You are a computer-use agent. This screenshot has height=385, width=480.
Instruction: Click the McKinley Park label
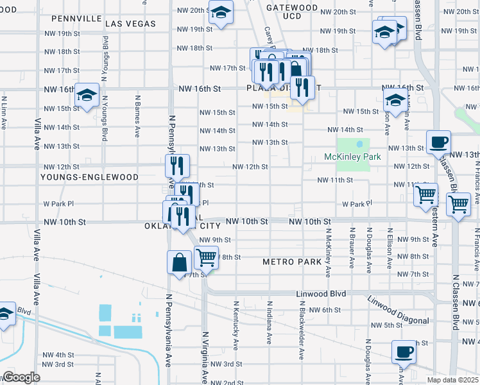[x=352, y=157]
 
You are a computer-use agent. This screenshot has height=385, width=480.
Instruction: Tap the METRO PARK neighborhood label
[x=291, y=262]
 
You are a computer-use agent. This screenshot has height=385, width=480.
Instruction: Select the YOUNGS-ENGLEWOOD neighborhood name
[x=89, y=177]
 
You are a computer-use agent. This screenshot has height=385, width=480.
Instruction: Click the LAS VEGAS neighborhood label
[x=130, y=24]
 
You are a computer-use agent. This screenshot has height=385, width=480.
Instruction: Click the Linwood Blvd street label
[x=321, y=294]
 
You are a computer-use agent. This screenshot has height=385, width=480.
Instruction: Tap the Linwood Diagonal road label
[x=398, y=311]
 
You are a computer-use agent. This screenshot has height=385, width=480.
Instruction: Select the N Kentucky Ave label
[x=236, y=325]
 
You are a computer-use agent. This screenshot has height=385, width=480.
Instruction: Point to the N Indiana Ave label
[x=269, y=325]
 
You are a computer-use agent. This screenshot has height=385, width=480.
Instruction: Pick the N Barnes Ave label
[x=137, y=117]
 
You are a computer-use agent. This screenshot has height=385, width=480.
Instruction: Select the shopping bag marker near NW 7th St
[x=179, y=262]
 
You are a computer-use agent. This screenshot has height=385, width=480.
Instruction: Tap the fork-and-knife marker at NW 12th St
[x=177, y=166]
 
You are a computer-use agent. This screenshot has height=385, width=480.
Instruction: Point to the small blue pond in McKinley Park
[x=359, y=144]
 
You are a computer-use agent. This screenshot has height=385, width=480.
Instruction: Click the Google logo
[x=21, y=377]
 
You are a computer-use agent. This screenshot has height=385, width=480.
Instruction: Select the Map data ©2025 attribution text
[x=453, y=380]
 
